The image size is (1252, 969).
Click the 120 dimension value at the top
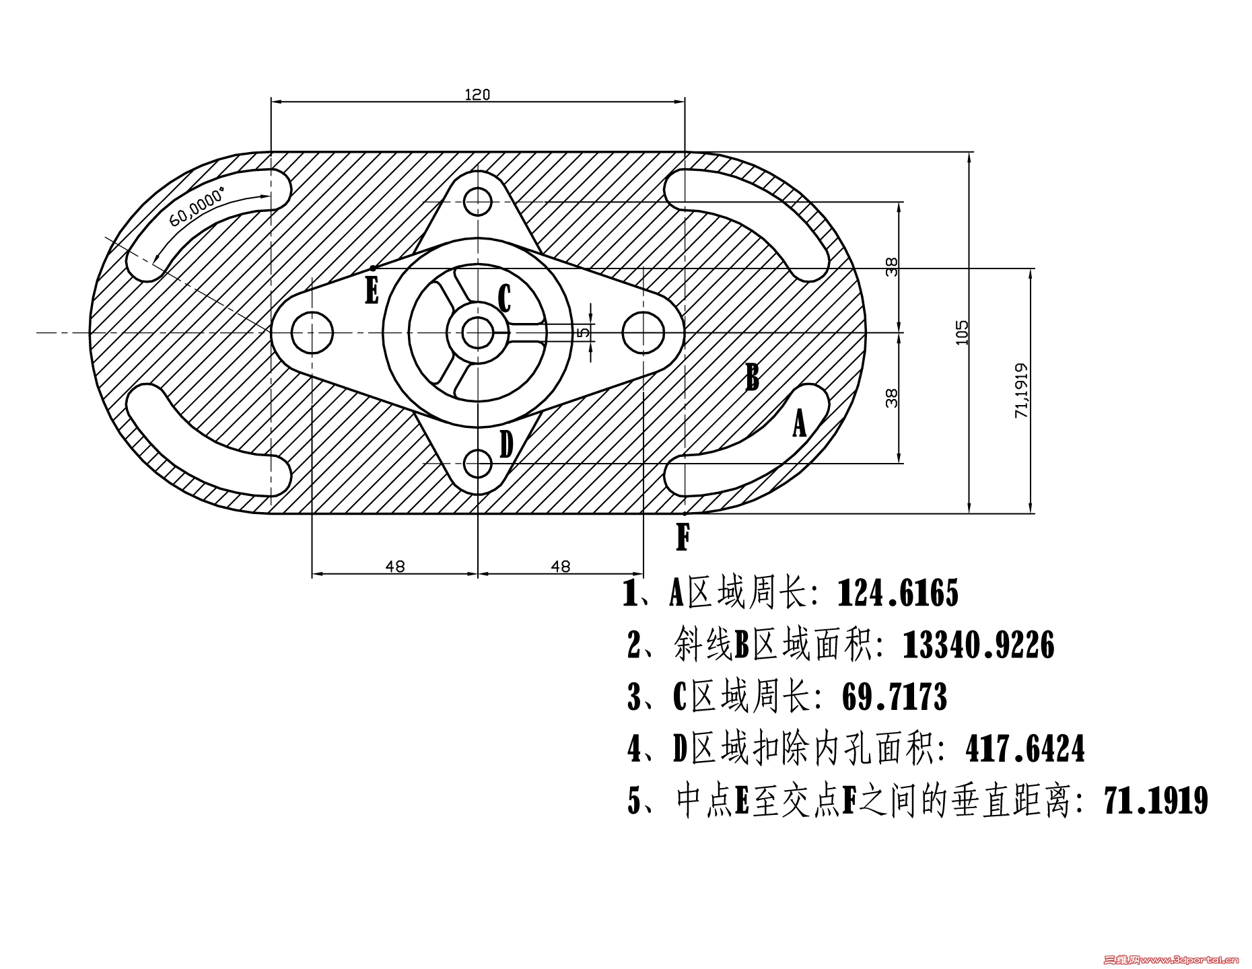[477, 95]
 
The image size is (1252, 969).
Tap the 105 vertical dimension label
[962, 332]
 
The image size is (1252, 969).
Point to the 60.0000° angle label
[197, 209]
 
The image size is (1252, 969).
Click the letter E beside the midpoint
[372, 291]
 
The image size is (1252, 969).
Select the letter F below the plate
[683, 538]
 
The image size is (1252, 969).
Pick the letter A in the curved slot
[799, 424]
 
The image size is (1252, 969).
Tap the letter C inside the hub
[504, 299]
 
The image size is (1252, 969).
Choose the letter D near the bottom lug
[506, 445]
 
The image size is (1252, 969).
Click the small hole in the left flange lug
[312, 332]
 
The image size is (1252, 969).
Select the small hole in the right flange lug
[643, 332]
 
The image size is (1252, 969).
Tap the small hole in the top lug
[477, 201]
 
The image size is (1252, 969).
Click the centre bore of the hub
[477, 332]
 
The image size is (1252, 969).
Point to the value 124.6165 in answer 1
[898, 594]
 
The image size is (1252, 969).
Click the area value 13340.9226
[978, 645]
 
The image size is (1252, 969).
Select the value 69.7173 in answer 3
[895, 697]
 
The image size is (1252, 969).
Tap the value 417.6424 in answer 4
[1025, 749]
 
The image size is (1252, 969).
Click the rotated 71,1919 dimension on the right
[1022, 390]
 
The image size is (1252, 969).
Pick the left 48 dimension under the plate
[395, 567]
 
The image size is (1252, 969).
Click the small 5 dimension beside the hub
[584, 331]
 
